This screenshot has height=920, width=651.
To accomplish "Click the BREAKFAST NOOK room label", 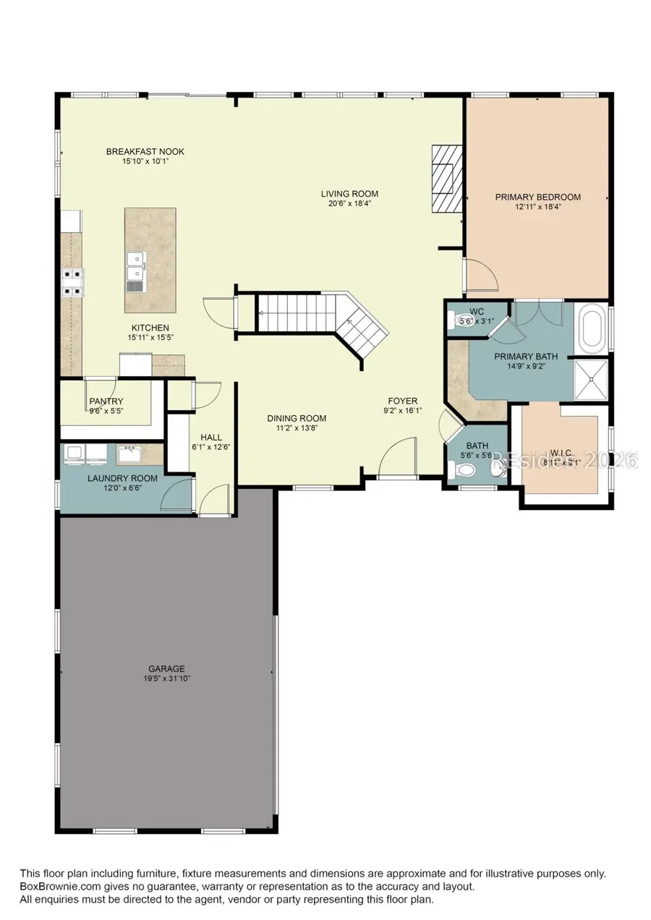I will [x=145, y=151].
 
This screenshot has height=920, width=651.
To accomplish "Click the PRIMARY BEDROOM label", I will [x=537, y=197].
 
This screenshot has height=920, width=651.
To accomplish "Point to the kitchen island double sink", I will [x=135, y=267].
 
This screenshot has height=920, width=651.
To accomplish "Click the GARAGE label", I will [x=167, y=668].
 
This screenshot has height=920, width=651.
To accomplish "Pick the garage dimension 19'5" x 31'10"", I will [x=167, y=678].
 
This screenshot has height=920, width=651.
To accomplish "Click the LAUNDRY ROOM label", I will [x=112, y=478].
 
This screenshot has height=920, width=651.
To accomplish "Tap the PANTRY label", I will [x=106, y=401].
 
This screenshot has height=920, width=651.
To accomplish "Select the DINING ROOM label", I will [x=297, y=418].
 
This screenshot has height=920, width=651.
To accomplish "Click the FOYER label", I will [x=403, y=401].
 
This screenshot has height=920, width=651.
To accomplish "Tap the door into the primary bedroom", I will [x=479, y=275].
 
